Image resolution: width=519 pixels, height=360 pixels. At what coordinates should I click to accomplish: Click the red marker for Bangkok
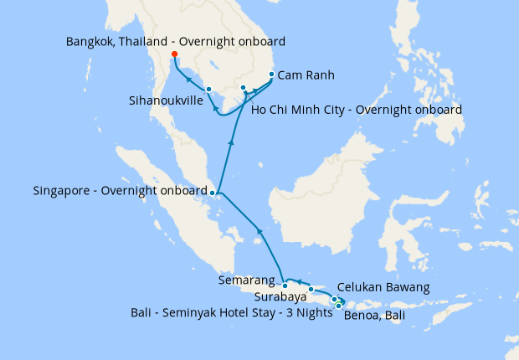point(174,55)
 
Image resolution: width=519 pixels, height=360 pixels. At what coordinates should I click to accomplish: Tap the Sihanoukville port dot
point(208,90)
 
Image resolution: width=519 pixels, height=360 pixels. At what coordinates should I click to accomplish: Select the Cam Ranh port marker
point(271,75)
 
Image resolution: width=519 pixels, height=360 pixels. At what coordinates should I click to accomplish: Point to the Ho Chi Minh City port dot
point(243,87)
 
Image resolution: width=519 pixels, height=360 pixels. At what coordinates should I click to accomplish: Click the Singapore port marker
point(213,193)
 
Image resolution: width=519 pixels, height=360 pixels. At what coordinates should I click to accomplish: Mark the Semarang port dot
point(285,285)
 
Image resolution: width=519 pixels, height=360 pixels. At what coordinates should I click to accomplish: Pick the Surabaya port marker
point(311,290)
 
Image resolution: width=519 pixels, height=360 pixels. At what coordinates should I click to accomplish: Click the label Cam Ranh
point(306,75)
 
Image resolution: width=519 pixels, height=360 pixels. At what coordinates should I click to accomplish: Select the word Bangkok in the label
point(90,41)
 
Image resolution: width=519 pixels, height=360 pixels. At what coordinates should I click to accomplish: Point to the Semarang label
point(247,280)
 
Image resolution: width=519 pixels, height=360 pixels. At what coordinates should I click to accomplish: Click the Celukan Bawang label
point(383,287)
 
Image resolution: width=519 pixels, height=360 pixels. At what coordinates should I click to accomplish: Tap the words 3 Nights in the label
point(307,313)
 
